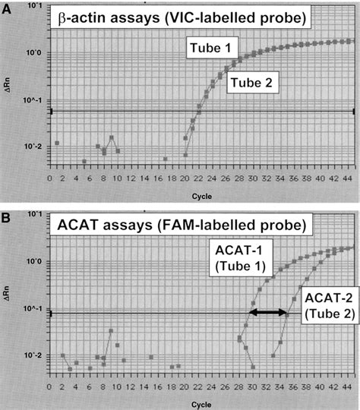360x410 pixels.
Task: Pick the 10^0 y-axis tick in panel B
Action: pyautogui.click(x=33, y=262)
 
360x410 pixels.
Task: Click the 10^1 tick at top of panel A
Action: pyautogui.click(x=33, y=5)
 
